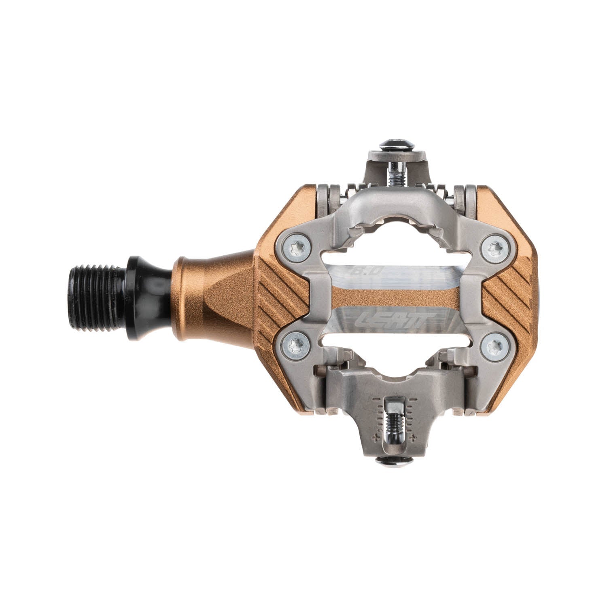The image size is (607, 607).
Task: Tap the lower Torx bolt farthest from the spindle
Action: pyautogui.click(x=495, y=344)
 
